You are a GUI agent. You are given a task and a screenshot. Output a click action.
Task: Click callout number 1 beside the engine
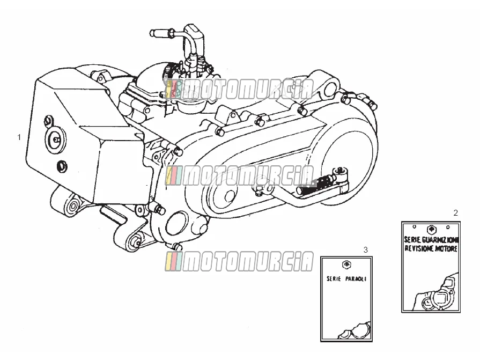coord(19,137)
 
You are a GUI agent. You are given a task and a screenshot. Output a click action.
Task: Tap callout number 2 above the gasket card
coord(455,213)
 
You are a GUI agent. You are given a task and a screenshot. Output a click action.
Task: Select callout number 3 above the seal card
coord(366,250)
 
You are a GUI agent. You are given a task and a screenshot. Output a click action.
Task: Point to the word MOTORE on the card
coord(447,248)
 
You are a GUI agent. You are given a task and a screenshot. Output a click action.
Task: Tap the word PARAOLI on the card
coord(356,279)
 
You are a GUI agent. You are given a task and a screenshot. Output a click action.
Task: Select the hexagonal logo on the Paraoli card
coord(346,265)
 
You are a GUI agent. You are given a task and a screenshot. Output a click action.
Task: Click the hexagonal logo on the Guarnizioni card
coord(431,229)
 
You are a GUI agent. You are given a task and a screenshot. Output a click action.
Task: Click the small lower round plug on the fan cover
coord(62,167)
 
